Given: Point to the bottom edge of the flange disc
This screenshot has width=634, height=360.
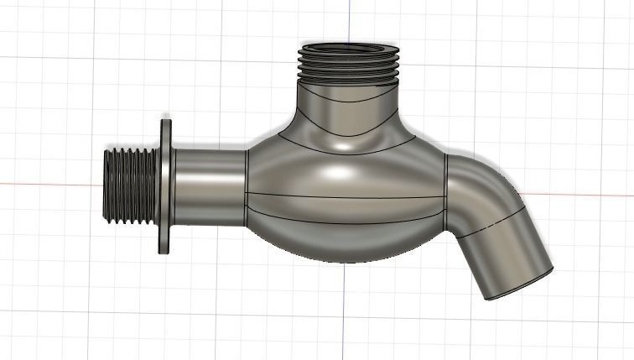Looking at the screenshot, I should point(165,251).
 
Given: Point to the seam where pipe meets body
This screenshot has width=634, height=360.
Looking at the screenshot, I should point(247,186).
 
